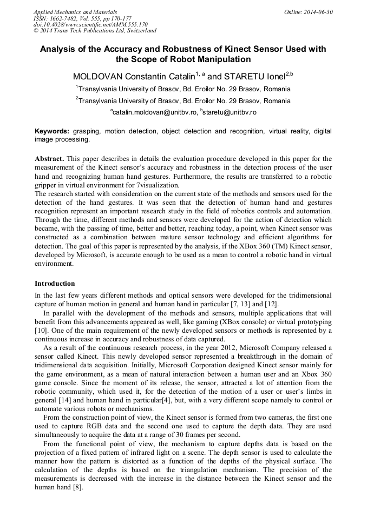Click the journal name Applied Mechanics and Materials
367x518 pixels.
pyautogui.click(x=75, y=12)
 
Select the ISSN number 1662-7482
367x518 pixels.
pyautogui.click(x=66, y=18)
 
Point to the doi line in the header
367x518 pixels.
pyautogui.click(x=90, y=25)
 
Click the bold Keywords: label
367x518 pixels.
pyautogui.click(x=52, y=131)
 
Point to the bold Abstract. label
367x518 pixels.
pyautogui.click(x=50, y=159)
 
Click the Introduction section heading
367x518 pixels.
pyautogui.click(x=55, y=284)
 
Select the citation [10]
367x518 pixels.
pyautogui.click(x=42, y=330)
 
